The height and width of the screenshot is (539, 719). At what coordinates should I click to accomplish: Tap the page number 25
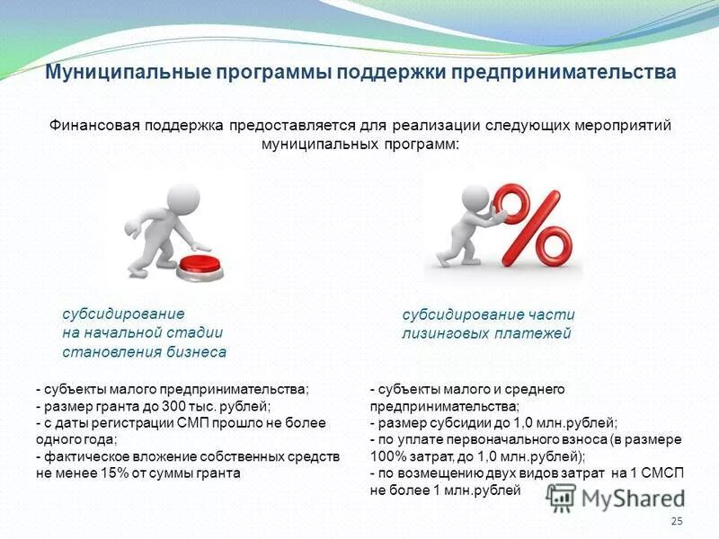677,522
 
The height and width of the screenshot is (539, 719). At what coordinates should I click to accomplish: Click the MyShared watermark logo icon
562,498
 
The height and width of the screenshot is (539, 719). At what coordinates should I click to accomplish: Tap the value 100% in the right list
386,456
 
